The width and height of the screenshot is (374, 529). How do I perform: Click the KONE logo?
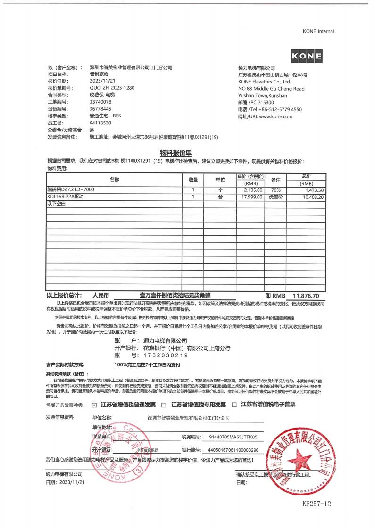[x=307, y=57]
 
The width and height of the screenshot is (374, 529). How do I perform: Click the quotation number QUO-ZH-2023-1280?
[x=112, y=88]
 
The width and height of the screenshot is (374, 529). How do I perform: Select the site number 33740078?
[x=100, y=102]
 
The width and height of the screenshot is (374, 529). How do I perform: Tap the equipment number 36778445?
[x=100, y=109]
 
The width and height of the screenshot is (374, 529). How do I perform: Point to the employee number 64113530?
[x=100, y=123]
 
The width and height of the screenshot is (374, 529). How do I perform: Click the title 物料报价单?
[x=176, y=153]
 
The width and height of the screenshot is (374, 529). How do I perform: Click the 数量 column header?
[x=193, y=180]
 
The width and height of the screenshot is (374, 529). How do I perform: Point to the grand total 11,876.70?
[x=306, y=296]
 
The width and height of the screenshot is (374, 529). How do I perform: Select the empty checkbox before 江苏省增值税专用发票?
[x=164, y=405]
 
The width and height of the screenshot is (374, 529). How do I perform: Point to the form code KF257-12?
[x=317, y=504]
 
